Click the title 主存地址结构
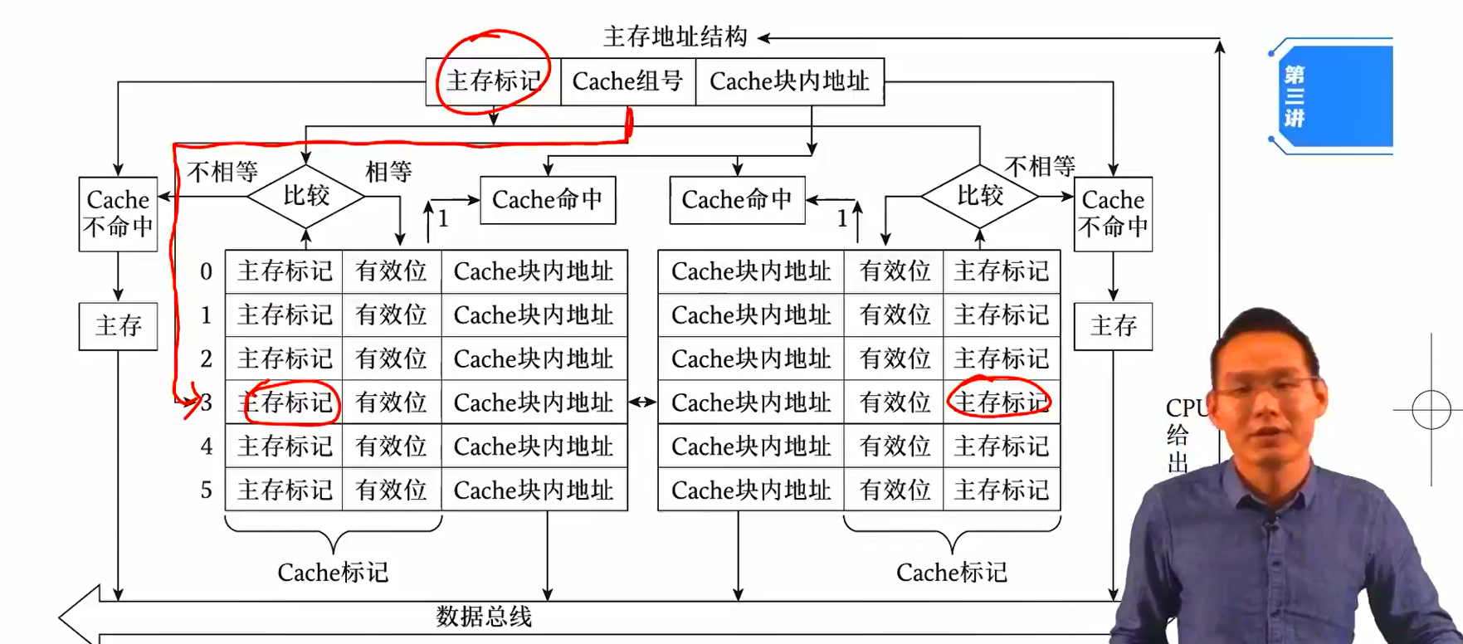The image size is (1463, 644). coord(675,37)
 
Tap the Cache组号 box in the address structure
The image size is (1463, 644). coord(627,81)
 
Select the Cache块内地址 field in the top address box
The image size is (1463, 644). coord(789,81)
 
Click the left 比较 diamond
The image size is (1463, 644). coord(306,197)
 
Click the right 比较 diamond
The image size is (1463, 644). coord(980,197)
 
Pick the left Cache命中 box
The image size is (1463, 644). coord(548,200)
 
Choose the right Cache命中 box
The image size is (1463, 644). coord(737,200)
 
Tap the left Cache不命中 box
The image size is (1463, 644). coord(118,213)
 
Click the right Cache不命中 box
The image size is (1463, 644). coord(1113,213)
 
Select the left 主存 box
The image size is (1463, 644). coord(118,325)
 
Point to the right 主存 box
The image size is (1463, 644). coord(1113,325)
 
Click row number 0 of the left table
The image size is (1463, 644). coord(206,271)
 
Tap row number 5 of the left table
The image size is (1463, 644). coord(206,490)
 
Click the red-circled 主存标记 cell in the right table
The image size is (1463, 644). coord(1001,402)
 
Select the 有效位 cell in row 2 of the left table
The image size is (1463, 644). coord(391,359)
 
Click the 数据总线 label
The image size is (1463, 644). coord(484,617)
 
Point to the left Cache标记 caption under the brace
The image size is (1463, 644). coord(333,573)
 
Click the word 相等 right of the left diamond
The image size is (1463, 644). coord(388,173)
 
